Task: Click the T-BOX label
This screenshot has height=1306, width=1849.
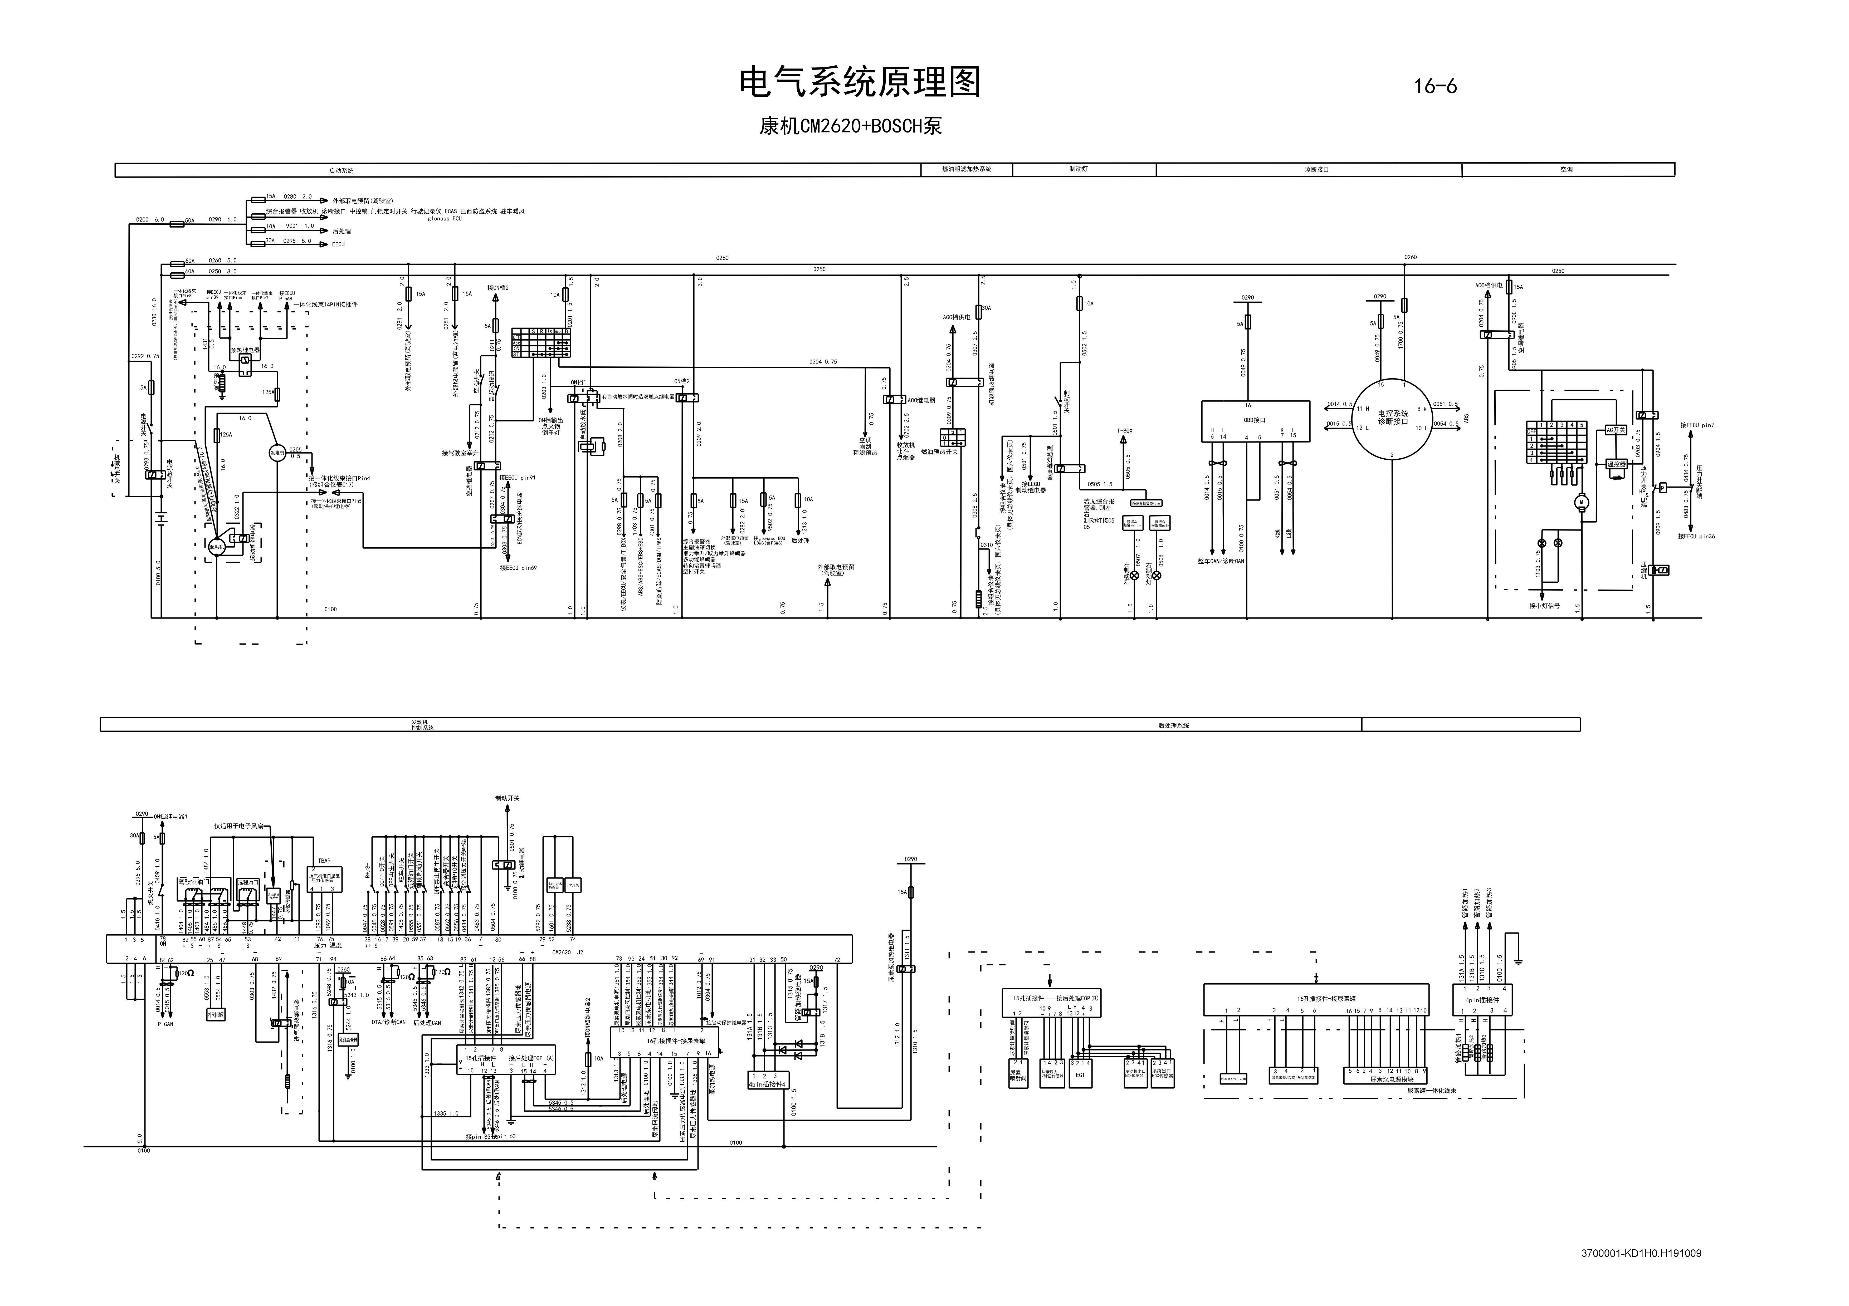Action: (x=1124, y=431)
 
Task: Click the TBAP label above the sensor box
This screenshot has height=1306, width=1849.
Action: (x=324, y=861)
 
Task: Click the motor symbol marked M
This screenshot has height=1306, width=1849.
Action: (x=1581, y=502)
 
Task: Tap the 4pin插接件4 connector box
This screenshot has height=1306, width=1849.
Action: (x=768, y=1080)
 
